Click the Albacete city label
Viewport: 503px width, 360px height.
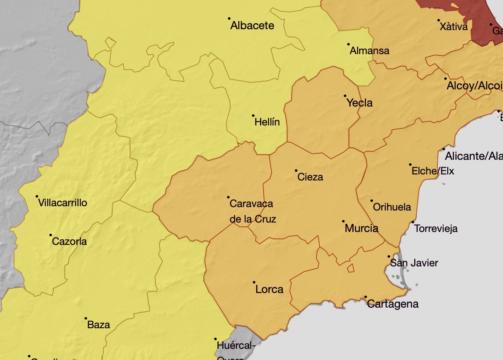coord(252,26)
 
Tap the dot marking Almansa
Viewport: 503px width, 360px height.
coord(348,44)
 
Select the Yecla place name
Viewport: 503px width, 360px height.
coord(360,103)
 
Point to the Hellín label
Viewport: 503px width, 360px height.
coord(267,122)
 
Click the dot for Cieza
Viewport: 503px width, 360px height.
coord(296,171)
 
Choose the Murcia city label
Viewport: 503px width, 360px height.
coord(361,228)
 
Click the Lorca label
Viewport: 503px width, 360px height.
coord(269,289)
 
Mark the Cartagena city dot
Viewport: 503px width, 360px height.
coord(366,297)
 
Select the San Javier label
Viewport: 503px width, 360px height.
coord(414,263)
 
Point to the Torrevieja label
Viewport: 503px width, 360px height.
coord(436,229)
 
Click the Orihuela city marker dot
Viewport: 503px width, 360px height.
coord(372,201)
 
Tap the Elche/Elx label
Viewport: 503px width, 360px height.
coord(433,171)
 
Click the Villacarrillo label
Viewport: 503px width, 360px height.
coord(63,203)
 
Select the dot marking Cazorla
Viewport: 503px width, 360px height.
coord(51,235)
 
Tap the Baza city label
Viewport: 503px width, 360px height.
coord(98,325)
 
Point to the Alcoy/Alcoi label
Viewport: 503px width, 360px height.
coord(474,86)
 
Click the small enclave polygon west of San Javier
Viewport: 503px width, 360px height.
coord(351,268)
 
